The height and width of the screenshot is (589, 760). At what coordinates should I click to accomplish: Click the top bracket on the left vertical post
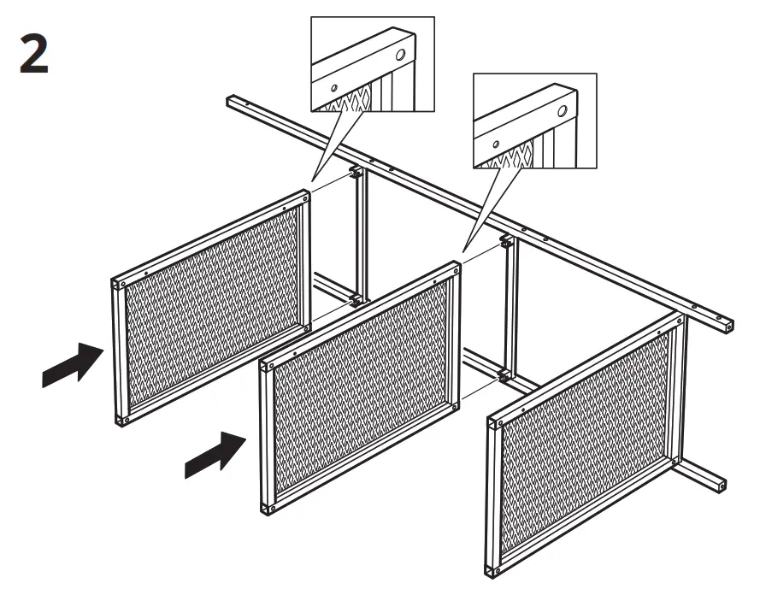click(353, 174)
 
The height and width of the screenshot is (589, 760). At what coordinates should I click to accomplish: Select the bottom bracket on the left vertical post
click(353, 300)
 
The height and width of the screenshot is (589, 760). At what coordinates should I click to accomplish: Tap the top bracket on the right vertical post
click(505, 242)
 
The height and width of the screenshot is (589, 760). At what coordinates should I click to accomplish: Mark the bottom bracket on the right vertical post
click(505, 374)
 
